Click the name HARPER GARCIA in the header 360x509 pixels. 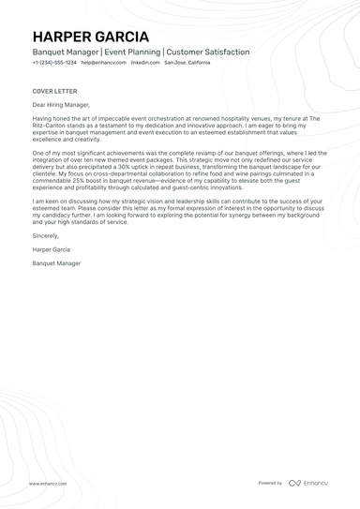pyautogui.click(x=90, y=36)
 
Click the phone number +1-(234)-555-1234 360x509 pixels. pyautogui.click(x=54, y=63)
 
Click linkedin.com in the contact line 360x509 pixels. pyautogui.click(x=144, y=63)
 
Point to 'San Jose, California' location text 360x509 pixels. pyautogui.click(x=187, y=63)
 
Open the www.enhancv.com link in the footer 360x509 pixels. pyautogui.click(x=47, y=484)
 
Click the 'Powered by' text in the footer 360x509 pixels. pyautogui.click(x=270, y=483)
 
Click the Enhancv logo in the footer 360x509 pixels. pyautogui.click(x=308, y=483)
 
